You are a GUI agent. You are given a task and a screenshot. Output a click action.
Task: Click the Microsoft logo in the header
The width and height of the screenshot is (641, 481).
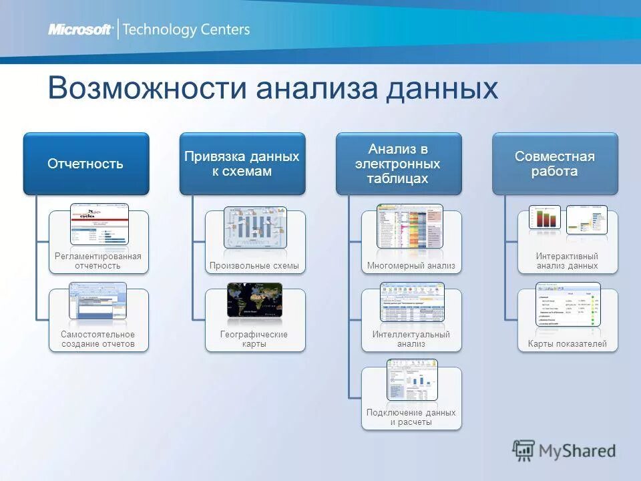(x=80, y=29)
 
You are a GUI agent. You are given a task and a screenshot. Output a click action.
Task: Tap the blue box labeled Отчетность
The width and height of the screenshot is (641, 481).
(x=85, y=164)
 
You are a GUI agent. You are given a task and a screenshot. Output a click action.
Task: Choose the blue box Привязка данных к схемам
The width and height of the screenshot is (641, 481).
(x=242, y=164)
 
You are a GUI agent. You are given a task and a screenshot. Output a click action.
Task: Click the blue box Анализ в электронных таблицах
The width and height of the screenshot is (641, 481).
(x=398, y=164)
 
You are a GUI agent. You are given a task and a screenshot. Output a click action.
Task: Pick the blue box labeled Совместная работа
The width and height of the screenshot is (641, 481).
(x=554, y=164)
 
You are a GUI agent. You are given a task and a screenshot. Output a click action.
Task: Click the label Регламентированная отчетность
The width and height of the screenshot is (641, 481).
(x=97, y=261)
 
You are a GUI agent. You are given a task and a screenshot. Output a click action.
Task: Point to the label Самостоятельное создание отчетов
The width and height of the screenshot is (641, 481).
(x=97, y=339)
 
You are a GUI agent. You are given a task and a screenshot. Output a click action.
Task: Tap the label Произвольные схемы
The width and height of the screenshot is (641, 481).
(x=254, y=266)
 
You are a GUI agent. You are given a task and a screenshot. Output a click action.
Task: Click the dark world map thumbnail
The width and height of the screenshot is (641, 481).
(x=254, y=300)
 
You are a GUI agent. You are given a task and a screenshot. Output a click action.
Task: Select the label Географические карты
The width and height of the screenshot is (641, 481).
(x=254, y=339)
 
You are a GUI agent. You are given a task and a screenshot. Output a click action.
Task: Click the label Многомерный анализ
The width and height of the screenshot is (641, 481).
(x=411, y=266)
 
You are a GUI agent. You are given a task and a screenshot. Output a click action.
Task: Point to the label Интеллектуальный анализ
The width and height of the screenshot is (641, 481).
(x=411, y=339)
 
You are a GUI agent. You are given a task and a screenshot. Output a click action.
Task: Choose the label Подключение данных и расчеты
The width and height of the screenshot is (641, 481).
(x=411, y=417)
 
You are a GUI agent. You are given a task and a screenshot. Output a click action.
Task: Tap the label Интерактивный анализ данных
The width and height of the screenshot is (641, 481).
(x=567, y=261)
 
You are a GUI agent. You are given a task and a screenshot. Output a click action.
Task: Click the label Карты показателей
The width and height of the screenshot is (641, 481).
(x=567, y=344)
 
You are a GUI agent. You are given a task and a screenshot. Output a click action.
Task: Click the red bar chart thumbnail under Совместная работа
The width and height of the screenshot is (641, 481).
(x=544, y=218)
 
